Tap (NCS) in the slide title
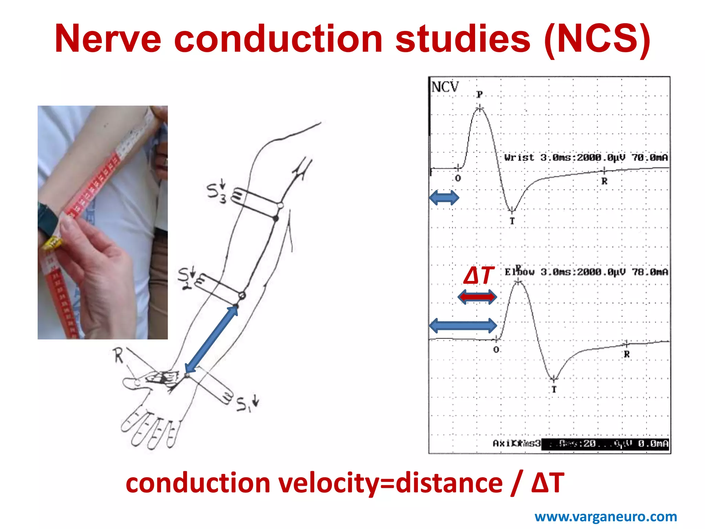point(597,39)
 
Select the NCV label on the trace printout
point(445,87)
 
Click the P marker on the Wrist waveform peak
point(480,94)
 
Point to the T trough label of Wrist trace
point(512,221)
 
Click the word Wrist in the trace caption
point(519,157)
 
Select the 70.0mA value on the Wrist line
point(649,157)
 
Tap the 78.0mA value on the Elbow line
point(650,272)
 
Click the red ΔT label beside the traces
point(479,276)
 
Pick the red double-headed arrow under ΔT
point(477,297)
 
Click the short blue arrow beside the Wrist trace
point(444,198)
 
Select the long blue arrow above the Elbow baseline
point(463,325)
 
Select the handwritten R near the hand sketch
point(118,356)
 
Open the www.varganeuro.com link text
point(606,517)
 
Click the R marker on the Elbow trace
point(627,354)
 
